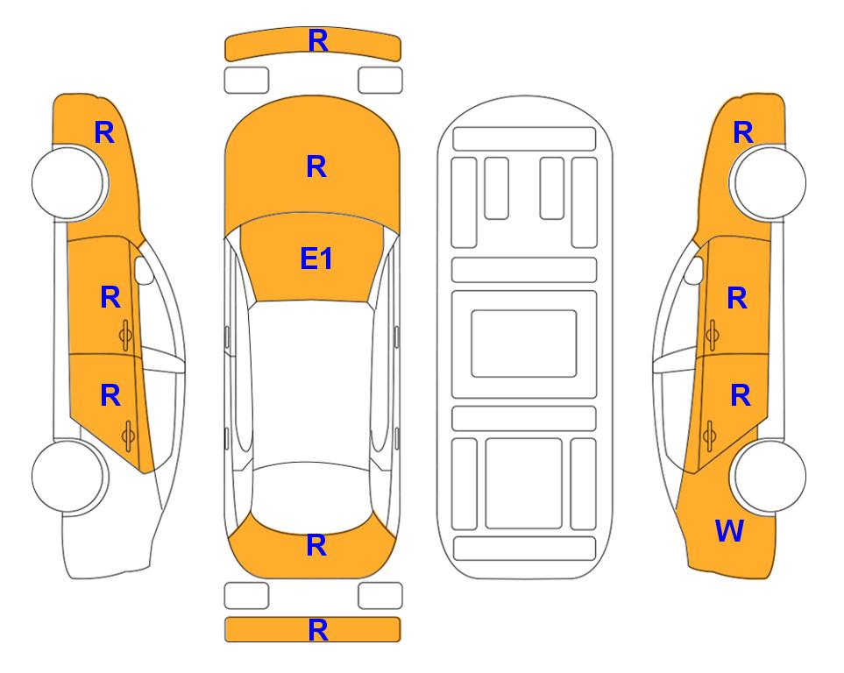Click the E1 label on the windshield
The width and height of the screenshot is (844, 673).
316,259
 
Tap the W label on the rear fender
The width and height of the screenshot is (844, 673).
729,531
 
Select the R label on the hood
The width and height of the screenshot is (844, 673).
316,166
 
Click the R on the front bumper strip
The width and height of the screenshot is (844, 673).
318,41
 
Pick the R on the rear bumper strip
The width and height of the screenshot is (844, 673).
318,630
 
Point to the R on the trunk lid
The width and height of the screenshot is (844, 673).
316,545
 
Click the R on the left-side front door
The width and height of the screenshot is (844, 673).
110,297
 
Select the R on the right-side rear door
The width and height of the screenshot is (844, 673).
740,396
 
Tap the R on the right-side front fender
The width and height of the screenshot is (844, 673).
743,132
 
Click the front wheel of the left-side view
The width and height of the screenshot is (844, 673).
68,183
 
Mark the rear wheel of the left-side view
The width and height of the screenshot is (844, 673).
68,476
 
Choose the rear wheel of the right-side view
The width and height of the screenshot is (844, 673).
770,476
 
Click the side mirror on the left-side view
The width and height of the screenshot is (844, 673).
144,270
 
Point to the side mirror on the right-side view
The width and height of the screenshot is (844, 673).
694,270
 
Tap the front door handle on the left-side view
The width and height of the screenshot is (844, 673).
126,335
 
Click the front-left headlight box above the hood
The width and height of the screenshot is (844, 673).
246,81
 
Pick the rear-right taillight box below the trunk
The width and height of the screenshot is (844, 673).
380,596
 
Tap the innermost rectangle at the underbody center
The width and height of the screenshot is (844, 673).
524,344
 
